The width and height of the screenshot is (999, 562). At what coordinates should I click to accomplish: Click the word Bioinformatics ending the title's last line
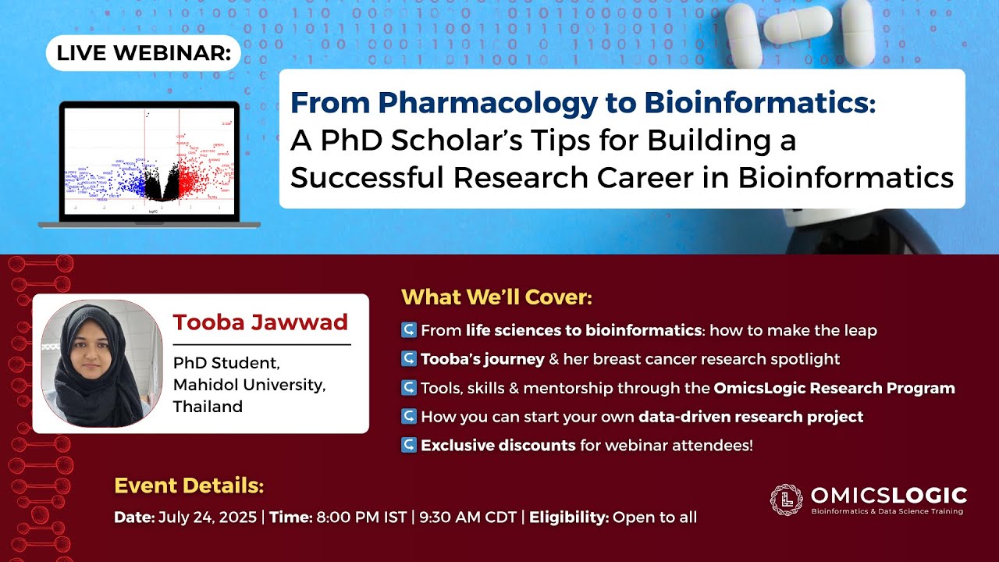pos(846,177)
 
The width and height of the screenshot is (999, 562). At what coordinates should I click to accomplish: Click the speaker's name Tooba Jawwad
pos(260,322)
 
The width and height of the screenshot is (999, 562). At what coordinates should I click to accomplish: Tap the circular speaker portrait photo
pos(101,364)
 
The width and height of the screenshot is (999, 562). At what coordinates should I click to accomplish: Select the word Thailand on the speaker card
pos(208,407)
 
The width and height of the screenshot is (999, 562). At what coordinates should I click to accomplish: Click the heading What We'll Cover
pos(496,297)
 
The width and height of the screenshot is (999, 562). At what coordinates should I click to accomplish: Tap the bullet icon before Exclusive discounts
pos(408,446)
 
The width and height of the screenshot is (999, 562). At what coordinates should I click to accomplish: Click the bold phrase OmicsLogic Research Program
pos(834,388)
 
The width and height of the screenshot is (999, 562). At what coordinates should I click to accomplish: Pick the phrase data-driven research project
pos(751,417)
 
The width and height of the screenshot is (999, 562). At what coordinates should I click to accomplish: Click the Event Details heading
pos(189,486)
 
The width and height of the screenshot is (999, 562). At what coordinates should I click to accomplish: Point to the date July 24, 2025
pos(208,517)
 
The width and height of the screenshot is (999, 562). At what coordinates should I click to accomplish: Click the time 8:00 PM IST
pos(361,517)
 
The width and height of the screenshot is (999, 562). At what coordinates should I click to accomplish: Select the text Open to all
pos(654,517)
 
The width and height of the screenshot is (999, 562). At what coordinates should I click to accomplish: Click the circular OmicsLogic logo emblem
pos(786,500)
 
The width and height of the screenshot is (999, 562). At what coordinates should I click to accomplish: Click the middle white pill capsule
pos(798,26)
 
